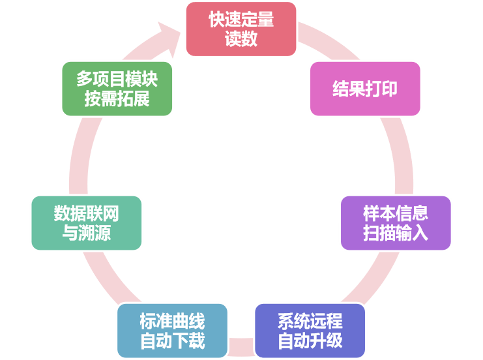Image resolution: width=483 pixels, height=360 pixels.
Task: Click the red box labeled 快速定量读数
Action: (241, 29)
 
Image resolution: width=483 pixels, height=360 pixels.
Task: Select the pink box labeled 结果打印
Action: (365, 89)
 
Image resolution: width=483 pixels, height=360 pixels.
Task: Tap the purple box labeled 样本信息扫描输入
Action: (396, 222)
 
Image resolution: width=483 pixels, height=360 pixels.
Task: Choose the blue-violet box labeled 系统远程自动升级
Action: (310, 331)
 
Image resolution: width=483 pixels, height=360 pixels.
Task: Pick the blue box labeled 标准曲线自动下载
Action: (172, 331)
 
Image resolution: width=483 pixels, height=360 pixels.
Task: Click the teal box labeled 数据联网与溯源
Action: (86, 222)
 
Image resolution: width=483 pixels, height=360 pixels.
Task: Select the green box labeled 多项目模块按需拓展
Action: (117, 89)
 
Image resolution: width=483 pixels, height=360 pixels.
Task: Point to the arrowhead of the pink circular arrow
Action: (171, 36)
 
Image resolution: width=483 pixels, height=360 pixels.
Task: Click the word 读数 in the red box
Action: (241, 39)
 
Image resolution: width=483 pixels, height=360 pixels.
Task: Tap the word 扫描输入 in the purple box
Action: (396, 233)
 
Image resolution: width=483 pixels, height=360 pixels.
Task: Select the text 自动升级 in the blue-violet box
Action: (310, 341)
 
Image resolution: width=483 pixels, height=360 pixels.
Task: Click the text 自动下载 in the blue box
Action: (172, 341)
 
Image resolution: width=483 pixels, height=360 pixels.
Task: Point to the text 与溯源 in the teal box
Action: (86, 233)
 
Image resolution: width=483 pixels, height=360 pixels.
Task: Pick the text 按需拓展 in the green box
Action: (117, 99)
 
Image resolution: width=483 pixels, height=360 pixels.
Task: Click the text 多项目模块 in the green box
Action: (117, 79)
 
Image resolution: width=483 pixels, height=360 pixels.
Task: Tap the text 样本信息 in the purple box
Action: (396, 213)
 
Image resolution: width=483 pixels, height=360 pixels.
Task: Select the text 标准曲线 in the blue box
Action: (172, 321)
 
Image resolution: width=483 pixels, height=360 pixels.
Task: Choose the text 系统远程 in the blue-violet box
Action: (310, 321)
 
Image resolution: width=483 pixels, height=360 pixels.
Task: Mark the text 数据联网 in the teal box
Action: (86, 213)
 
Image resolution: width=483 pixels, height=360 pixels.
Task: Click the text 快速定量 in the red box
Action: (241, 19)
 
